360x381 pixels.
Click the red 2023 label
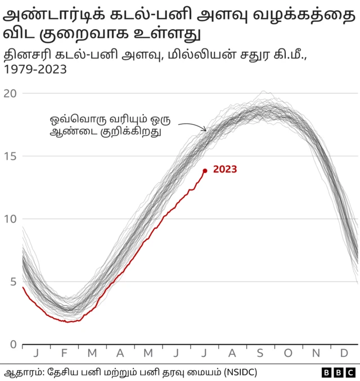pyautogui.click(x=225, y=169)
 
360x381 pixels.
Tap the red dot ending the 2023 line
pyautogui.click(x=205, y=170)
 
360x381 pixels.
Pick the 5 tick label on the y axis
pyautogui.click(x=12, y=282)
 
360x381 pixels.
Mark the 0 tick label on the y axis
pyautogui.click(x=12, y=344)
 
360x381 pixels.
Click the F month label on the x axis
pyautogui.click(x=64, y=353)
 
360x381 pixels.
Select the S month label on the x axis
pyautogui.click(x=260, y=353)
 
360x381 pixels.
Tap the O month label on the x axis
pyautogui.click(x=288, y=353)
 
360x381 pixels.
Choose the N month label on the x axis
pyautogui.click(x=316, y=353)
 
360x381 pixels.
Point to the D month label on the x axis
pyautogui.click(x=344, y=353)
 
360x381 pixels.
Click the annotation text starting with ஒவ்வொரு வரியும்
pyautogui.click(x=110, y=126)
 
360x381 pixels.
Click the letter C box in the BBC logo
pyautogui.click(x=350, y=373)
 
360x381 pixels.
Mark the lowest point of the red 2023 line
pyautogui.click(x=67, y=322)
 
